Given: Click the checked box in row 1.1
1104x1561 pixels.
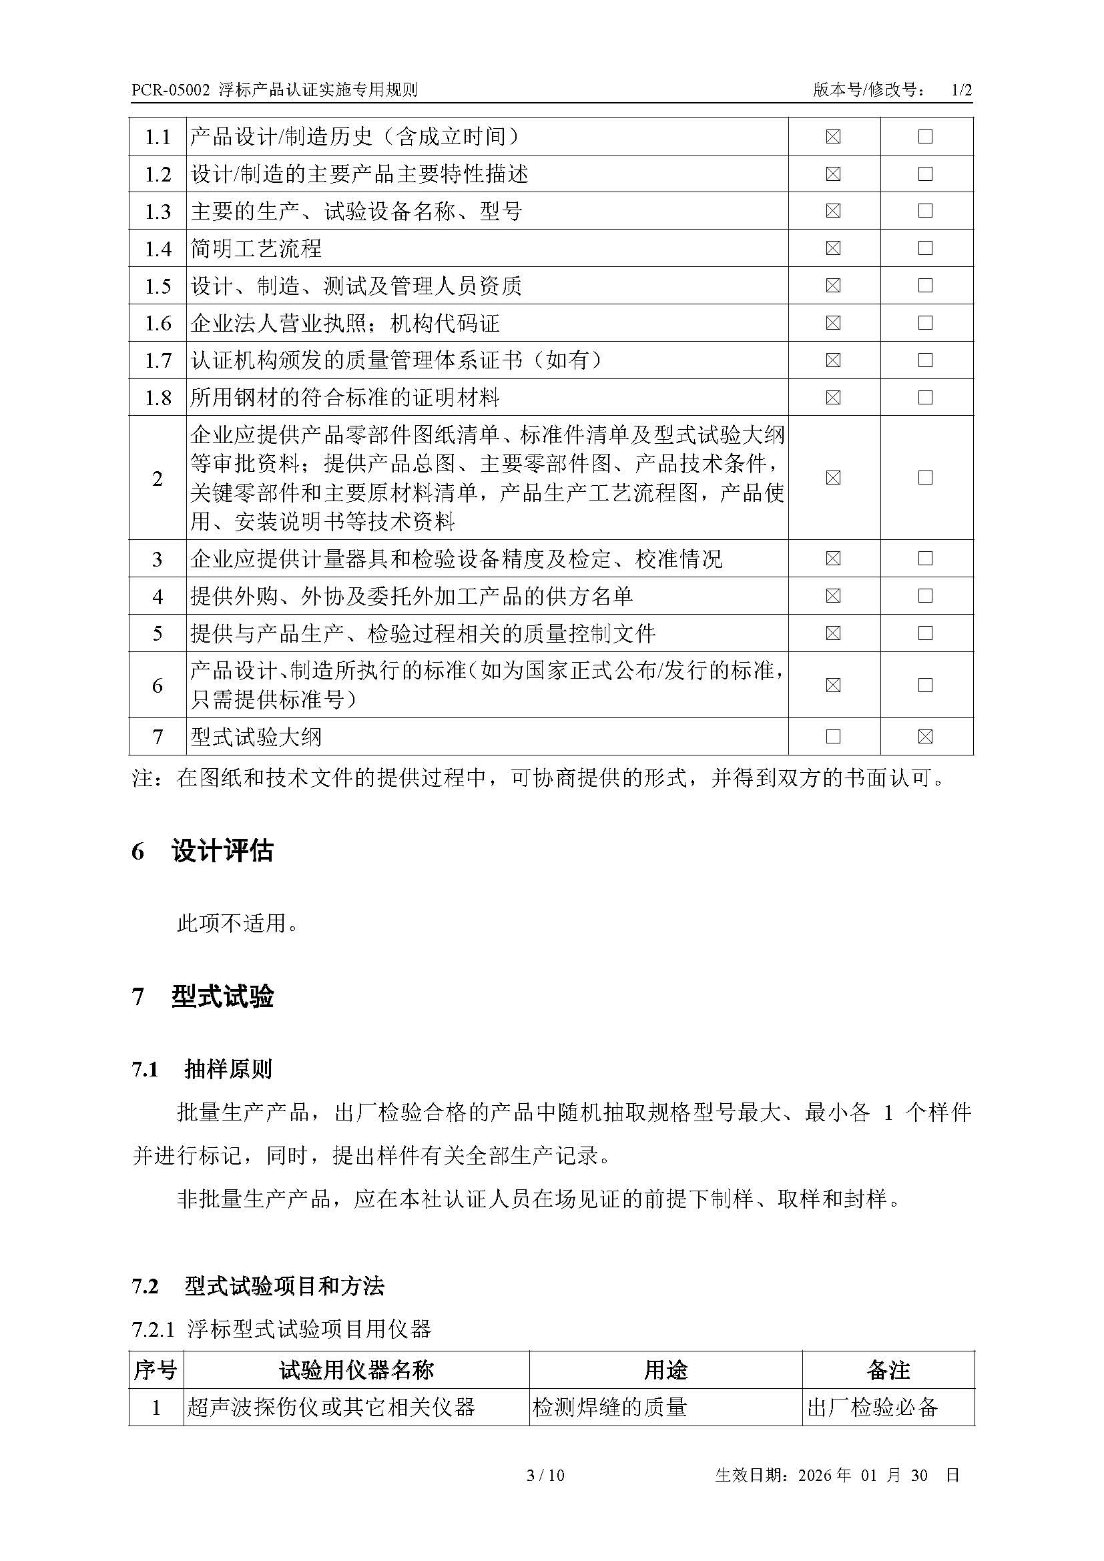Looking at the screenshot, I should [x=833, y=137].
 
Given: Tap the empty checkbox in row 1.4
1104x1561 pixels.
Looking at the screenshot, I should [x=924, y=248].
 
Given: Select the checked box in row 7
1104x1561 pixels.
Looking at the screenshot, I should [x=924, y=736].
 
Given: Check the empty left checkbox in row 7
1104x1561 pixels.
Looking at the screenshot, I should [x=833, y=736].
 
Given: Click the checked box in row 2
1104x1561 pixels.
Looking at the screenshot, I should [x=833, y=477].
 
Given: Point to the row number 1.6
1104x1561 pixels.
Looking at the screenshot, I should [x=158, y=323].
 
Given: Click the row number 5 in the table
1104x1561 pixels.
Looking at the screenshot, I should [x=158, y=633].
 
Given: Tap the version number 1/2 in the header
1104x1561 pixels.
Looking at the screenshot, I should [x=961, y=89].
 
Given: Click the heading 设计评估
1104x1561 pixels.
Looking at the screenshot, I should [x=222, y=851].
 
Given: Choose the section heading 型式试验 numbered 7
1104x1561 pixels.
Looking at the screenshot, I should [x=222, y=996].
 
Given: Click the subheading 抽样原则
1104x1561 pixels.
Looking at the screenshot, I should [x=228, y=1069].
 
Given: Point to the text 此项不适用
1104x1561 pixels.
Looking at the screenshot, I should [x=237, y=923].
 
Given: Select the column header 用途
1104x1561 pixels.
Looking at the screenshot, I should [x=665, y=1370].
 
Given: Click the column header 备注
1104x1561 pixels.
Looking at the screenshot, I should [x=888, y=1370].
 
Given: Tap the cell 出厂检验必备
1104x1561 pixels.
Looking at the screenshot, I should [x=873, y=1407].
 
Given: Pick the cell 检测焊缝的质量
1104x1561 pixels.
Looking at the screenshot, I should [x=610, y=1407].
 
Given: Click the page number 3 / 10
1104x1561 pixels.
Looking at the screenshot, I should [x=546, y=1494].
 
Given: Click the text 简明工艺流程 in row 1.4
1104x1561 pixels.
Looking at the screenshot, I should [x=256, y=248].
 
